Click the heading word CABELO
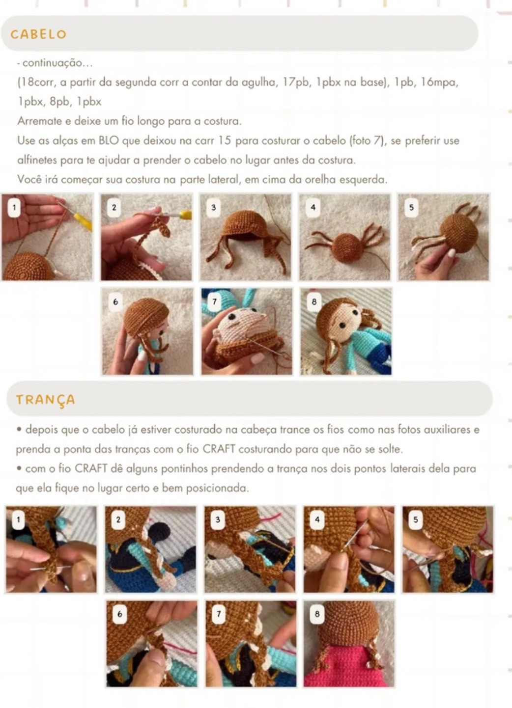pyautogui.click(x=38, y=34)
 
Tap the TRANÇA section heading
pyautogui.click(x=45, y=400)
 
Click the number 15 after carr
pyautogui.click(x=225, y=141)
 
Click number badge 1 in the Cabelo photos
pyautogui.click(x=14, y=207)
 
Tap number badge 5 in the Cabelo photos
pyautogui.click(x=411, y=207)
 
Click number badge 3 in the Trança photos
pyautogui.click(x=217, y=519)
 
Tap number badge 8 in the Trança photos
pyautogui.click(x=317, y=614)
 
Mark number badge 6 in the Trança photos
pyautogui.click(x=119, y=614)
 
